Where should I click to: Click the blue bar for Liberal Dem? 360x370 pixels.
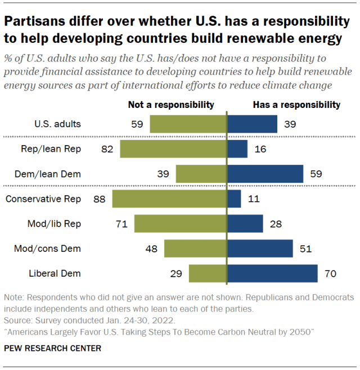(272, 273)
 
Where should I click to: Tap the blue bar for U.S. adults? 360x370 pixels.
(252, 124)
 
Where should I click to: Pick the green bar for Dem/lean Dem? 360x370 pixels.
(201, 174)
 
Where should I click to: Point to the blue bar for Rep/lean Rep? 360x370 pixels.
(237, 149)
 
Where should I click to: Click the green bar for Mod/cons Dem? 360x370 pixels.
(195, 248)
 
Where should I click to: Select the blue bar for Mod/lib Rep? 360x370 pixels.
(245, 223)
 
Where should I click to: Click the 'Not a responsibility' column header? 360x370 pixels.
(171, 105)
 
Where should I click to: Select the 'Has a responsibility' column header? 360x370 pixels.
(296, 105)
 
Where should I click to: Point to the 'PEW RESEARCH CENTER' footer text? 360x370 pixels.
(52, 349)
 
